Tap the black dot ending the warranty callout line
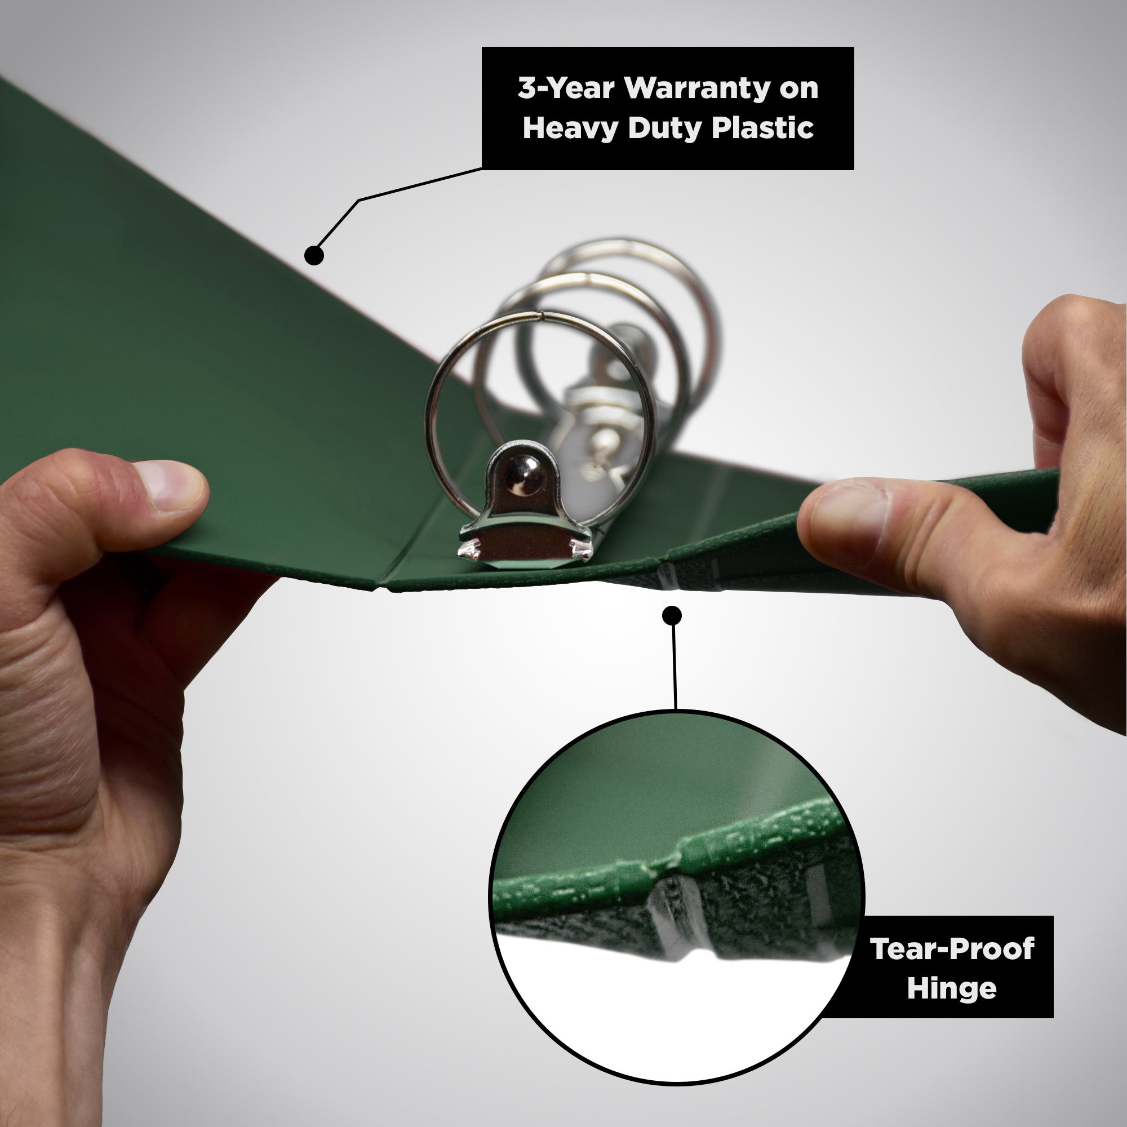pos(314,255)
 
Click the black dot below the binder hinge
pos(672,615)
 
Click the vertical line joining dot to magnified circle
pos(675,665)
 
